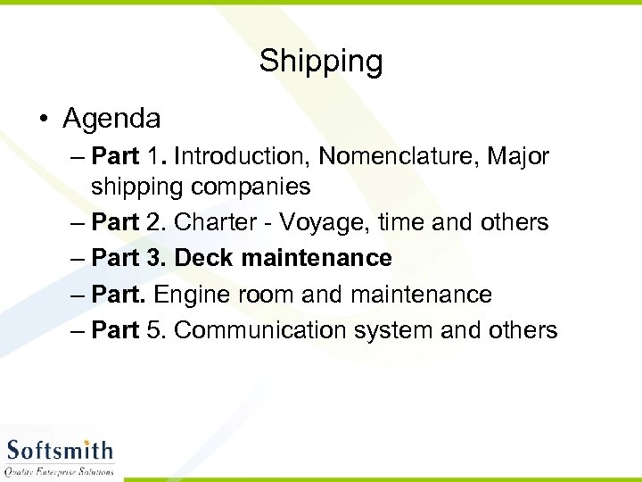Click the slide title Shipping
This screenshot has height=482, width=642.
(x=321, y=62)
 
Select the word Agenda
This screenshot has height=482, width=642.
(x=111, y=118)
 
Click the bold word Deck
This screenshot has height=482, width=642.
(x=204, y=258)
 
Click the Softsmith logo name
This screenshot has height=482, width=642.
(x=60, y=450)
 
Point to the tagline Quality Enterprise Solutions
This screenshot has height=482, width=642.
(x=60, y=470)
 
